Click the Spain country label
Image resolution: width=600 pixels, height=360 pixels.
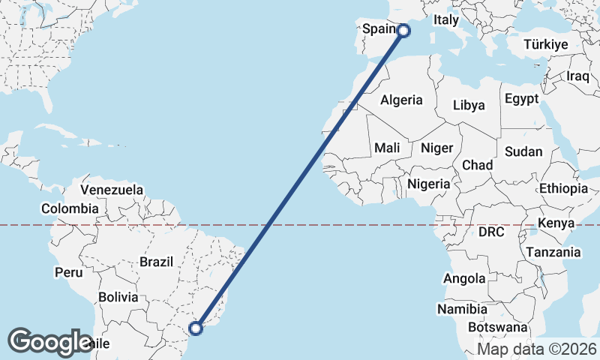(379, 29)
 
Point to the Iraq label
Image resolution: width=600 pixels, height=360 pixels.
(579, 76)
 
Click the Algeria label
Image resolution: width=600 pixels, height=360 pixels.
(401, 100)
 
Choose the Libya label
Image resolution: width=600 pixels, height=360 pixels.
(469, 106)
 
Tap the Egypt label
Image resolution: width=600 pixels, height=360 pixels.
(521, 99)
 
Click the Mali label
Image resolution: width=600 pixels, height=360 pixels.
(387, 148)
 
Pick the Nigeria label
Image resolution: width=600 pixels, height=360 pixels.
(429, 183)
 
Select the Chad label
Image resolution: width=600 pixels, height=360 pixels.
(477, 165)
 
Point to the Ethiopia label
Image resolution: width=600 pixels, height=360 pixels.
(563, 188)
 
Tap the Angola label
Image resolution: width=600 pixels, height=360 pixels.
(464, 279)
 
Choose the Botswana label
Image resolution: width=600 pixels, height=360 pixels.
(497, 328)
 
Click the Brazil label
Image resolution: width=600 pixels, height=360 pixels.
(156, 262)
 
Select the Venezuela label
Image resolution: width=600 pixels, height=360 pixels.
(112, 190)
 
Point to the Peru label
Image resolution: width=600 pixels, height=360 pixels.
(68, 272)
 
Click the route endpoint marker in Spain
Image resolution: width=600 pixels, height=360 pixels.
(403, 30)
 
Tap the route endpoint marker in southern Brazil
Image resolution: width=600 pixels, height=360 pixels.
(196, 328)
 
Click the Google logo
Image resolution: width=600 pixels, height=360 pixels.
(50, 341)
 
